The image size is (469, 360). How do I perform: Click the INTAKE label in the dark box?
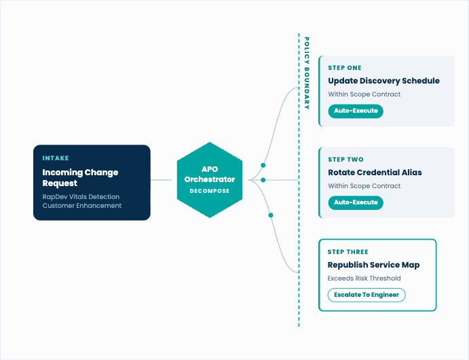click(x=56, y=158)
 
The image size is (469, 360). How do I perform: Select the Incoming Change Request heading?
click(x=80, y=177)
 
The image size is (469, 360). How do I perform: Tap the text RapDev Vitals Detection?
click(x=81, y=196)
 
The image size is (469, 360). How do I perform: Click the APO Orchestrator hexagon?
click(x=210, y=180)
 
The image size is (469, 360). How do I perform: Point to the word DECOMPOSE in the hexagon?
click(x=210, y=191)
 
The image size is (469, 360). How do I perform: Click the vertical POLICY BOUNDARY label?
click(x=307, y=73)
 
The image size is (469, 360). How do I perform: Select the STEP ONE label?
click(x=345, y=68)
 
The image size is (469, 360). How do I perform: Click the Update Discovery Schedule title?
click(x=383, y=81)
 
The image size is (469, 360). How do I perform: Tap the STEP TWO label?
click(x=345, y=160)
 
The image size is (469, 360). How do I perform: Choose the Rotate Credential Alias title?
click(x=375, y=173)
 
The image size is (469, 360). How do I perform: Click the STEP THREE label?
click(x=348, y=252)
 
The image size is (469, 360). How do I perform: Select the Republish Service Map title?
click(x=373, y=265)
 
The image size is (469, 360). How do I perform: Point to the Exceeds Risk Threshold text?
click(x=364, y=278)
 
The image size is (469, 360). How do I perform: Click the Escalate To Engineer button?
click(x=367, y=295)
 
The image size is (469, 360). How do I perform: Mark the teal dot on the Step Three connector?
click(x=271, y=215)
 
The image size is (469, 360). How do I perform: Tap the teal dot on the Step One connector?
click(x=263, y=165)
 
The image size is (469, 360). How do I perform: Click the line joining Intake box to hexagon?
click(x=161, y=180)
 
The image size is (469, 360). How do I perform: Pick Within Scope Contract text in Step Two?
click(x=364, y=186)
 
